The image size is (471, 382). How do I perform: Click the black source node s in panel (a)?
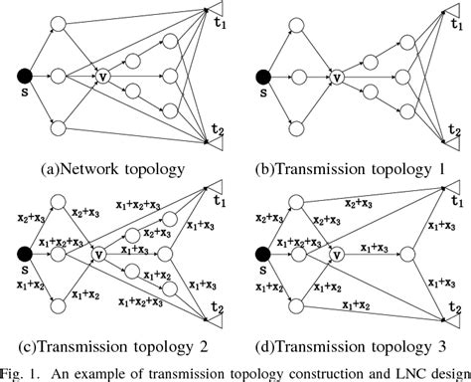point(23,75)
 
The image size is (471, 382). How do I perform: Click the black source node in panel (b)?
point(262,76)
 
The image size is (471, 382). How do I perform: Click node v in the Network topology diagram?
point(101,75)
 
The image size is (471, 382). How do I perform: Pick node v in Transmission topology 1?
point(339,76)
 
